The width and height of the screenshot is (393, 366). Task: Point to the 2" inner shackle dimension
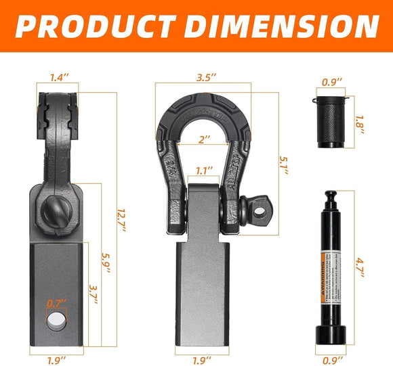[204, 139]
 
